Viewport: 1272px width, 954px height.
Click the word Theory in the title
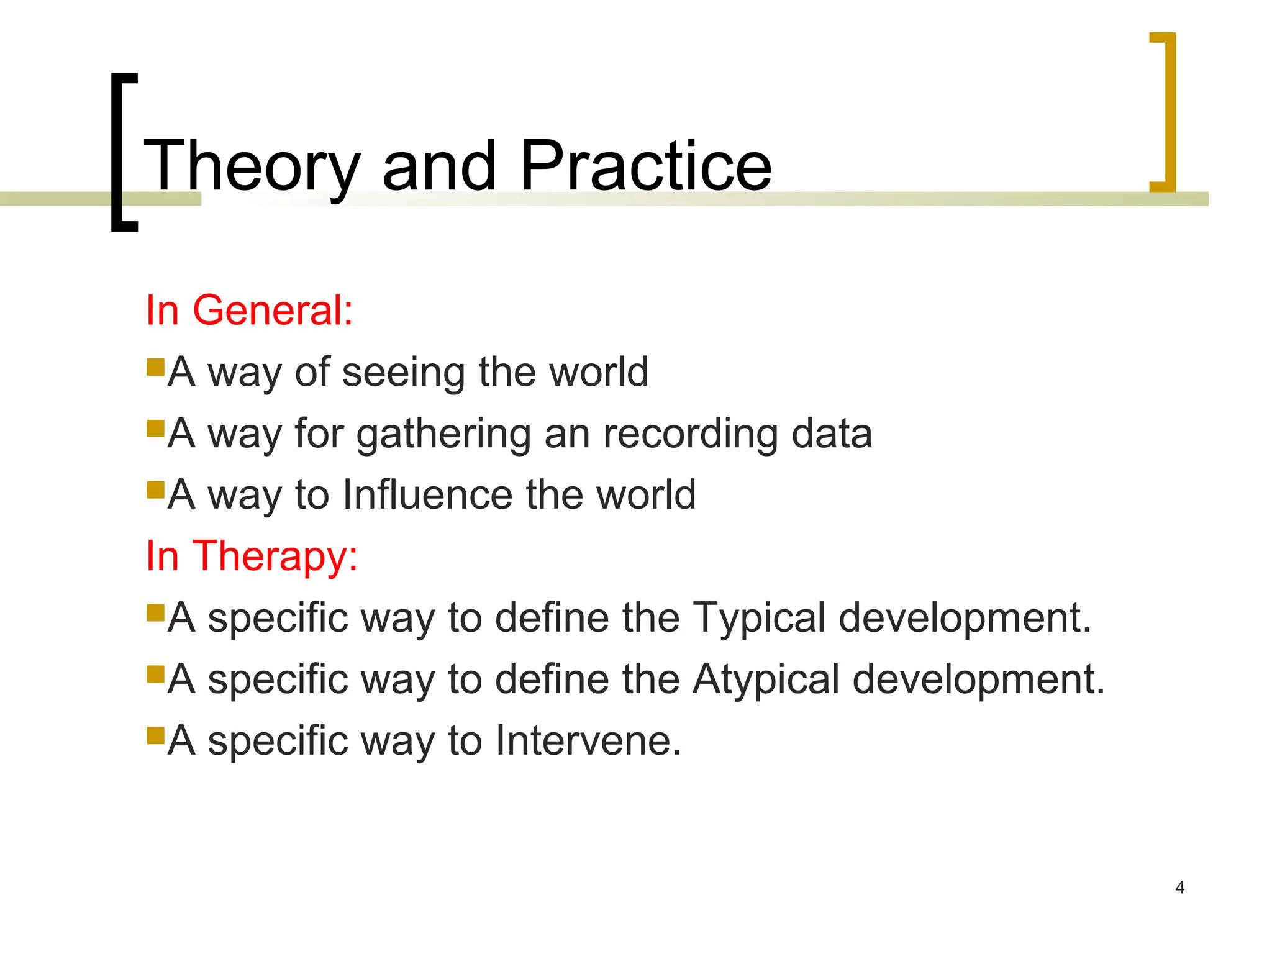click(252, 166)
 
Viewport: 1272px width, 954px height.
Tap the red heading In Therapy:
click(252, 555)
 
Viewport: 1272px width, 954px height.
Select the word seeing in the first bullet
click(404, 373)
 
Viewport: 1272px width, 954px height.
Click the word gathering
click(443, 434)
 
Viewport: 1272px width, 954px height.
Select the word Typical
click(759, 618)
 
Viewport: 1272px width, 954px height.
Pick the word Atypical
click(766, 679)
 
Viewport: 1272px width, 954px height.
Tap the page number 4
click(1179, 887)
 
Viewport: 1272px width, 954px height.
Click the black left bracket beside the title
click(118, 152)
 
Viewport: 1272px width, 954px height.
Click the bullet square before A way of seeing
click(155, 367)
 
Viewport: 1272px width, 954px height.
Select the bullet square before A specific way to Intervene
click(155, 735)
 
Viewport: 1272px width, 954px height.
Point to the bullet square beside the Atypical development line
click(155, 674)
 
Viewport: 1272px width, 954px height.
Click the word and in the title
click(439, 166)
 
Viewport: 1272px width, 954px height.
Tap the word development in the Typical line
click(965, 618)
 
